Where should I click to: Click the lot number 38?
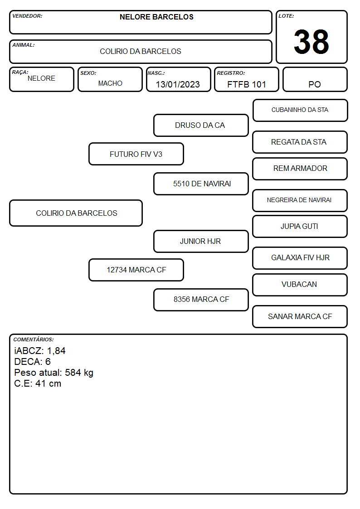point(311,42)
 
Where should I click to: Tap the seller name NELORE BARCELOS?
point(156,17)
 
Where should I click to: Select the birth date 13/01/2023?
point(178,84)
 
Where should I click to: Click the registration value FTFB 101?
point(247,84)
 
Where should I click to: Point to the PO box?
point(315,79)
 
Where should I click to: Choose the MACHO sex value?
point(110,83)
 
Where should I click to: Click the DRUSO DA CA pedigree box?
point(201,125)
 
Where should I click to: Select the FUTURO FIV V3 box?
point(136,154)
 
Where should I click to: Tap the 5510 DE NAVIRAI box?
point(201,184)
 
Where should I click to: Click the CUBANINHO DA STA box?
point(300,111)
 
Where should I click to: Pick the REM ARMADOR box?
point(300,169)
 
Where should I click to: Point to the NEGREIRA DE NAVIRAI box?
point(300,200)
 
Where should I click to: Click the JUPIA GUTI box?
point(300,227)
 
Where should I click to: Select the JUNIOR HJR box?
point(201,242)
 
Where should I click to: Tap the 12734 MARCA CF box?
point(136,270)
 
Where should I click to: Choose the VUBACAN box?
point(300,285)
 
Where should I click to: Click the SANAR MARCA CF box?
point(300,316)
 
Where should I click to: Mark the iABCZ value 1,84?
point(56,351)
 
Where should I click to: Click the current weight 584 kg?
point(79,373)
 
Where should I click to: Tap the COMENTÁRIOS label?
point(34,339)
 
